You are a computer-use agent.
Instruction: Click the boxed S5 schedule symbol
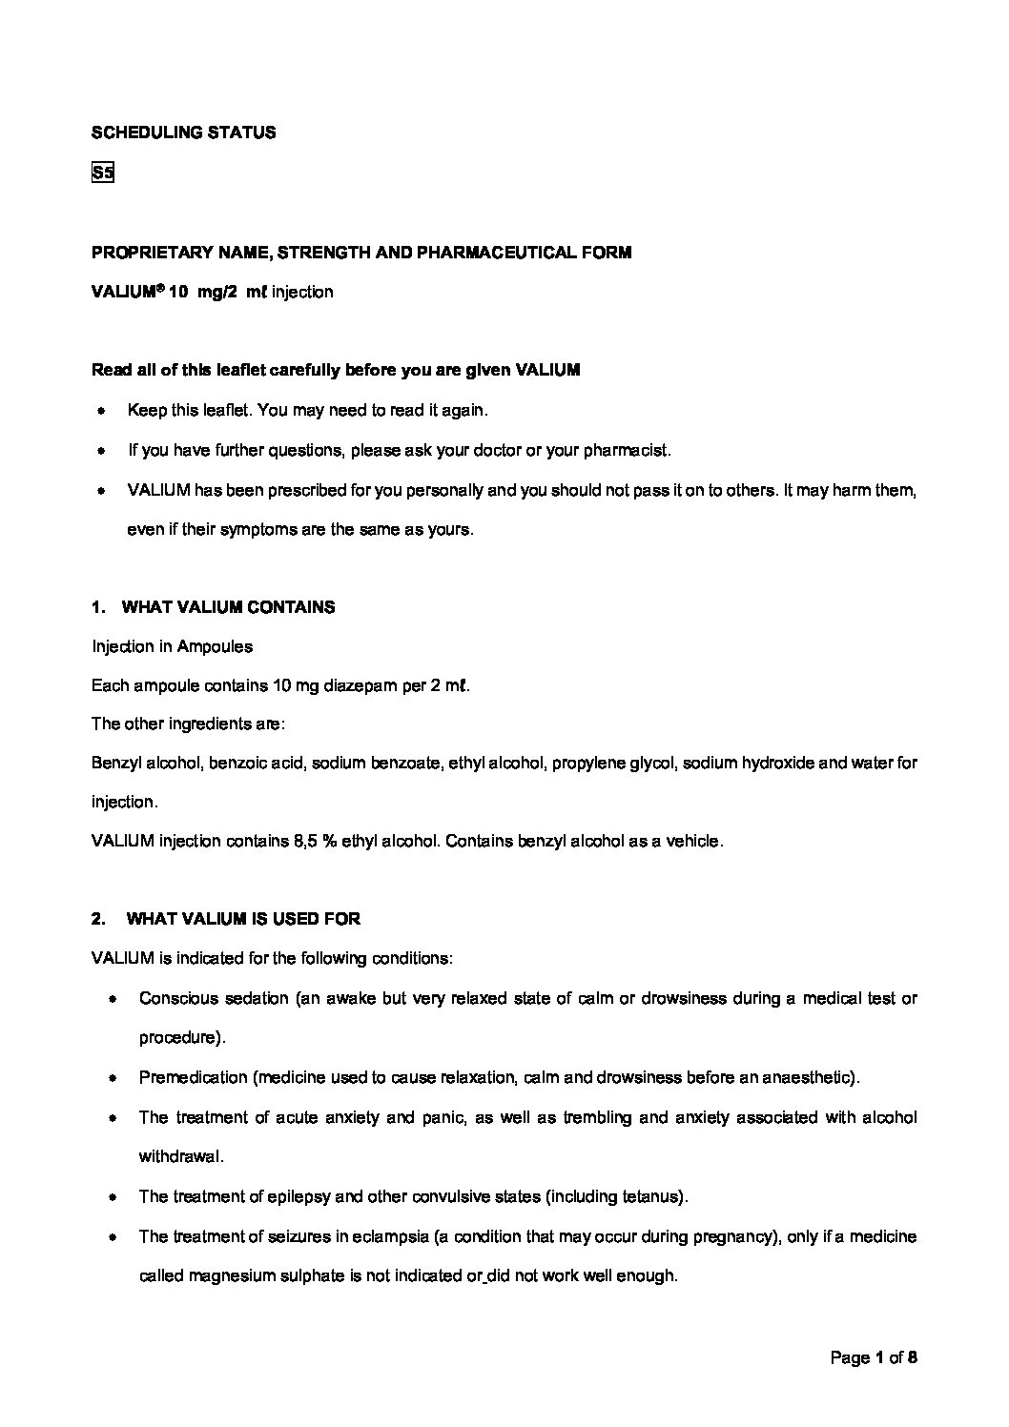[x=102, y=173]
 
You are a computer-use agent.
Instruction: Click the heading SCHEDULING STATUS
[x=183, y=133]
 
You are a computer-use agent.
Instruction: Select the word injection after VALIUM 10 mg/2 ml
[x=302, y=292]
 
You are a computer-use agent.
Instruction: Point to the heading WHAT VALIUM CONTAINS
[x=229, y=607]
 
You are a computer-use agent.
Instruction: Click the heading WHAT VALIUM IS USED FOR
[x=242, y=919]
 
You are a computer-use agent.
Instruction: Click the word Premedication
[x=193, y=1077]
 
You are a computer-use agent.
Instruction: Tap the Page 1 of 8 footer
[x=874, y=1357]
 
